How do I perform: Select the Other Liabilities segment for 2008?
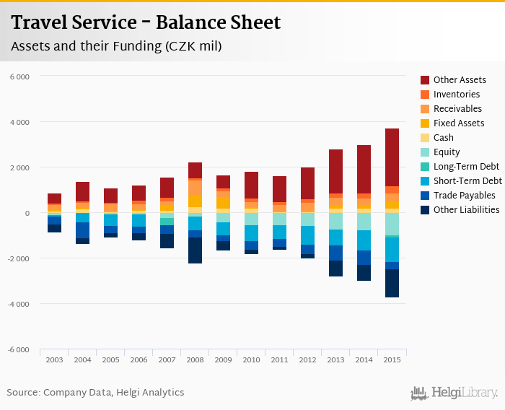tap(195, 250)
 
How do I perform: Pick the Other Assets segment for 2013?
tap(335, 172)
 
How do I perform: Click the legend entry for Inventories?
tap(456, 95)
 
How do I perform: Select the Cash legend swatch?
tap(426, 138)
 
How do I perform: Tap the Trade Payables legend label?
tap(464, 196)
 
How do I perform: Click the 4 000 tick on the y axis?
tap(20, 122)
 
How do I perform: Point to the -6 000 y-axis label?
tap(19, 350)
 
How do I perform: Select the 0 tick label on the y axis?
tap(26, 213)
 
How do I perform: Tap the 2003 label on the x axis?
tap(54, 359)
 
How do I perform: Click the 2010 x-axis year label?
tap(251, 359)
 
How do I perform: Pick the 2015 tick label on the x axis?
tap(392, 359)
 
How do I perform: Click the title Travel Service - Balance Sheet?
tap(146, 23)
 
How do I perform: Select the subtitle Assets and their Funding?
tap(116, 46)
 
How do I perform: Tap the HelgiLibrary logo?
tap(454, 393)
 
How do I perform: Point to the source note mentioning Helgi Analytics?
tap(95, 393)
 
